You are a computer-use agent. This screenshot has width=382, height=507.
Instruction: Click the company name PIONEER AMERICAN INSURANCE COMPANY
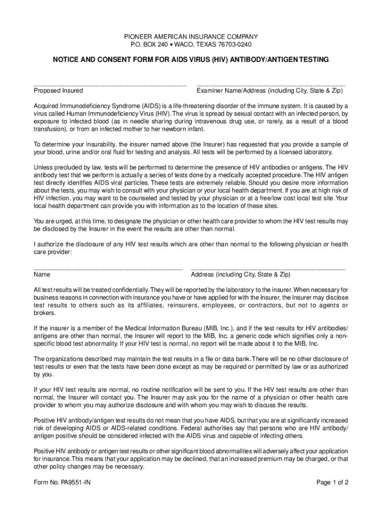[191, 37]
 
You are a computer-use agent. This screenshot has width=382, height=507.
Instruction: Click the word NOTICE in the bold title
[67, 59]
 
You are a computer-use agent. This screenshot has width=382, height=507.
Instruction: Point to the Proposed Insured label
[58, 91]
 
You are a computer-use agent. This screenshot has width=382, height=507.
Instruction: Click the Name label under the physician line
[42, 274]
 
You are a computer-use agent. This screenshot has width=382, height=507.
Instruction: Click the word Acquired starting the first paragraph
[47, 106]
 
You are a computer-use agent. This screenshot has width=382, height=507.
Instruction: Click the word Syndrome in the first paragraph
[124, 106]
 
